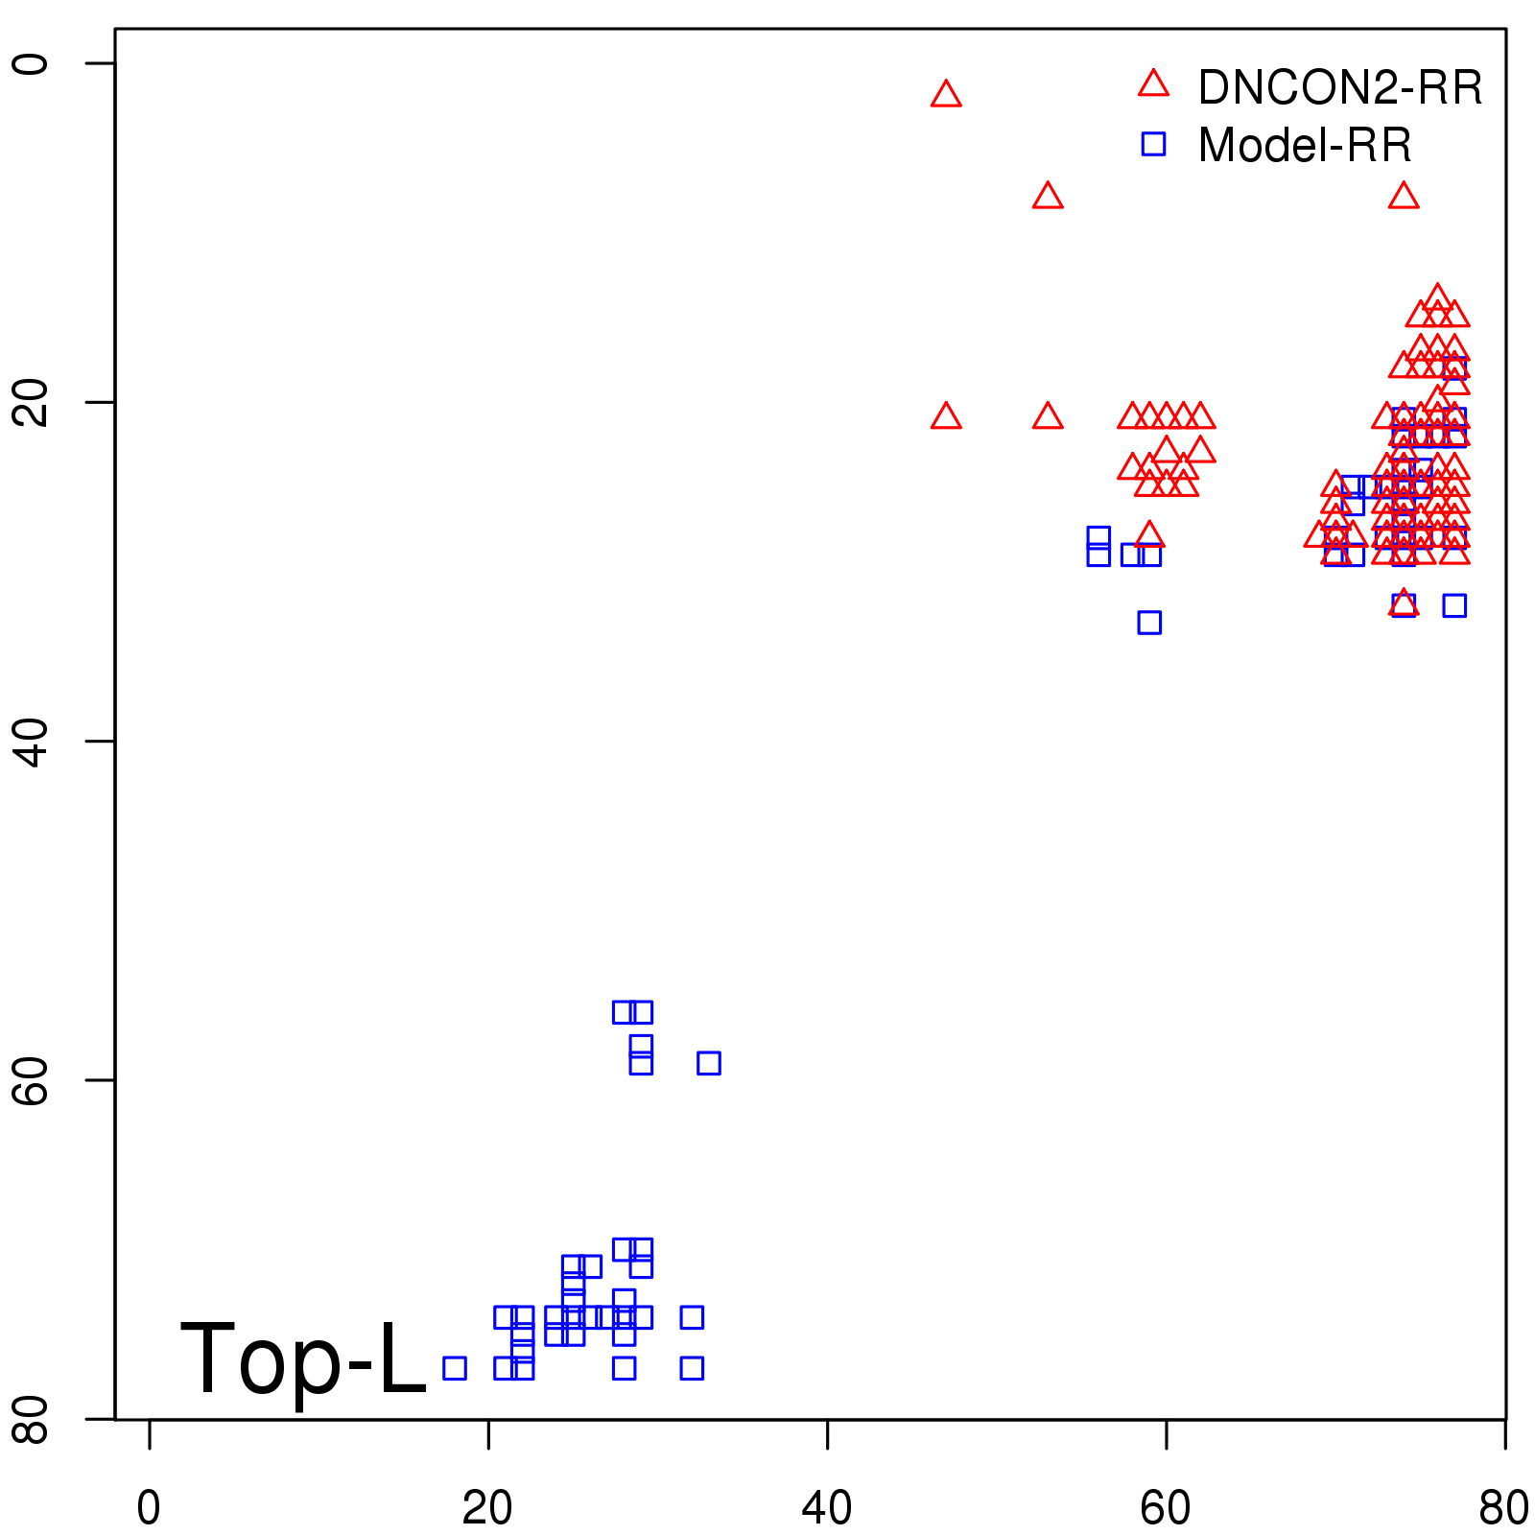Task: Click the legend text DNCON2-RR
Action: [1339, 88]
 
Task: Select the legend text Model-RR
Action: [1305, 146]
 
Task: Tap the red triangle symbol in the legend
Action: [1153, 84]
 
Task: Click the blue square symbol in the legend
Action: [1153, 144]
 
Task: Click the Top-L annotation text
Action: [302, 1358]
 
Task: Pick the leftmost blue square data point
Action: [455, 1368]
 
